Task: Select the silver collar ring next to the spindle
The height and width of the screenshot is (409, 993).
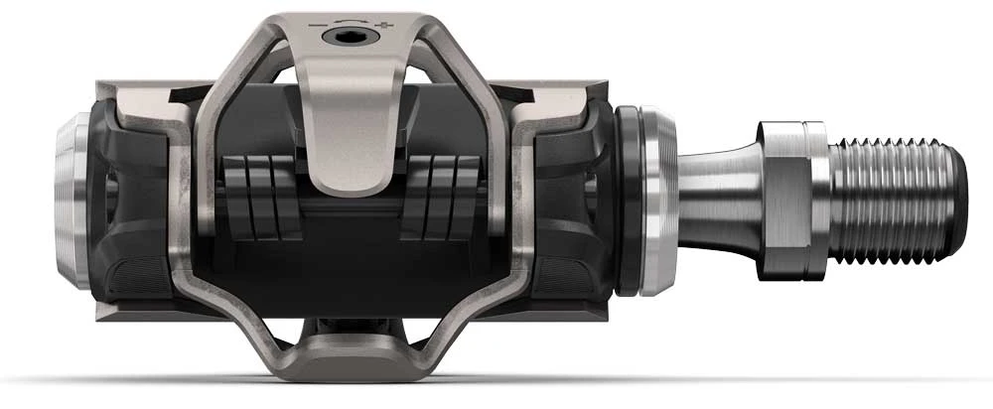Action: [655, 204]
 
